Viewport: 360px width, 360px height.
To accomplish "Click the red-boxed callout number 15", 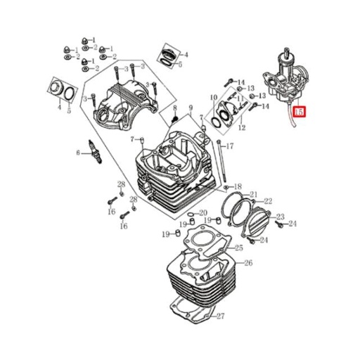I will pos(300,112).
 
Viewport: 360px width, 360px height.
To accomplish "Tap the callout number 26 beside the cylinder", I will pos(248,264).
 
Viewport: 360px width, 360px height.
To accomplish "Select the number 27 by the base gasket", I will pos(220,316).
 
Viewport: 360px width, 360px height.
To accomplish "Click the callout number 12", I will pos(241,129).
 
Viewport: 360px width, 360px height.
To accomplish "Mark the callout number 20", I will pos(202,213).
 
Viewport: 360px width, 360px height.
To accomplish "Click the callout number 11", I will pos(240,99).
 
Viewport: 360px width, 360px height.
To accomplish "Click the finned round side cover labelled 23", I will pos(260,224).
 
